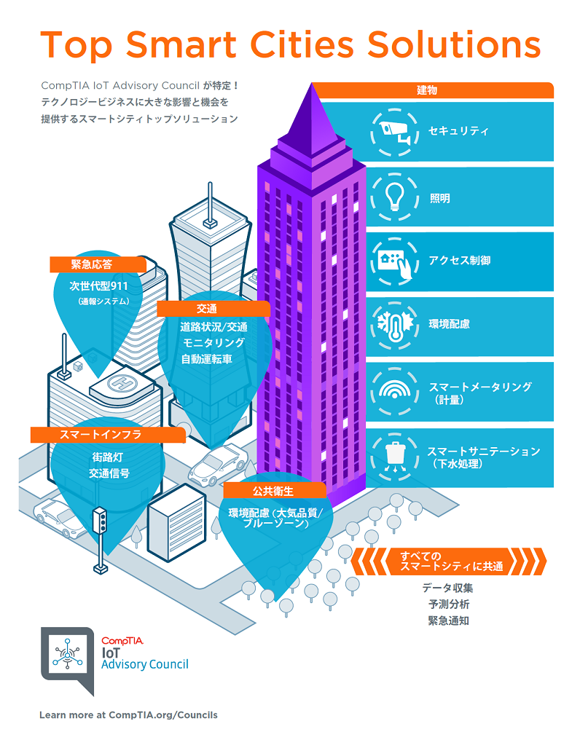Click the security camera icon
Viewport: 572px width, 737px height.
(394, 132)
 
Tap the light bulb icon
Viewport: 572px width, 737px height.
(394, 197)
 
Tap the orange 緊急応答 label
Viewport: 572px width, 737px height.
(98, 264)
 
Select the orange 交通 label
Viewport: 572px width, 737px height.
(213, 308)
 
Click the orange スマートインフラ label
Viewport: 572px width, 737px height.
(108, 435)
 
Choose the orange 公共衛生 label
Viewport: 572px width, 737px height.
(274, 491)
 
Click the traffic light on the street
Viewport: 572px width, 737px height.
(100, 520)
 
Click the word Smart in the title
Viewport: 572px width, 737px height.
(181, 44)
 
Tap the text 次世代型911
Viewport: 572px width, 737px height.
(99, 285)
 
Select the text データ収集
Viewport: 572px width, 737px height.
(448, 588)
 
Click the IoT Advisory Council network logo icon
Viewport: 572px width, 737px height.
(67, 654)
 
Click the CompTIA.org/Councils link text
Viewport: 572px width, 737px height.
(162, 715)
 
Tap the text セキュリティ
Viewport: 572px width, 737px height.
(458, 130)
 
